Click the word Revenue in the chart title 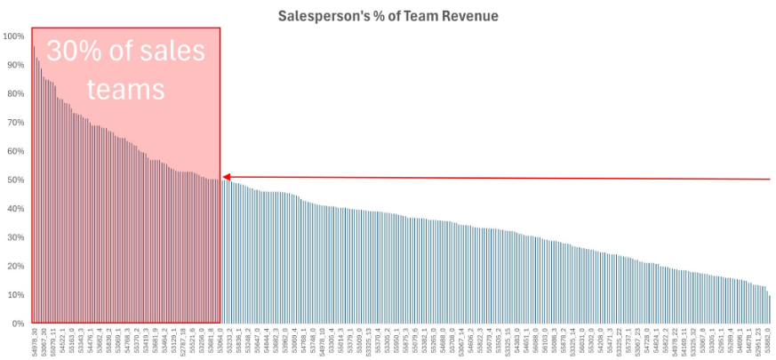pyautogui.click(x=471, y=16)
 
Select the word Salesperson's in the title pyautogui.click(x=316, y=16)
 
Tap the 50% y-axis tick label pyautogui.click(x=14, y=180)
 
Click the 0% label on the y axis pyautogui.click(x=17, y=324)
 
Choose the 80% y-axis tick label pyautogui.click(x=14, y=94)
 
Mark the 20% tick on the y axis pyautogui.click(x=14, y=266)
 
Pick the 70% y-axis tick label pyautogui.click(x=14, y=123)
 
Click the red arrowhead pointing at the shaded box pyautogui.click(x=227, y=178)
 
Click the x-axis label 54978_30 pyautogui.click(x=34, y=342)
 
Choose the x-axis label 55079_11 pyautogui.click(x=52, y=342)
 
